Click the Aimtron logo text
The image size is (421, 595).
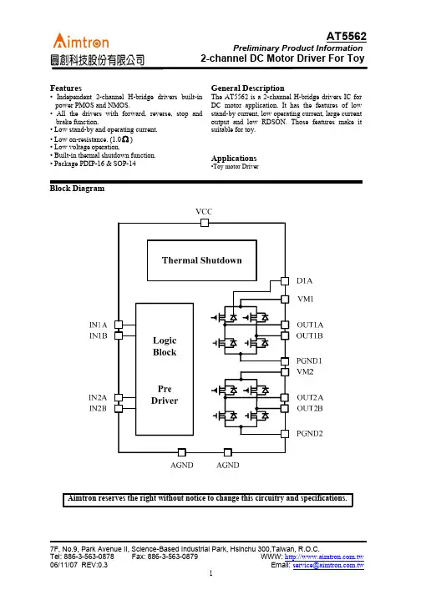[81, 41]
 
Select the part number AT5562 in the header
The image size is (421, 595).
[346, 37]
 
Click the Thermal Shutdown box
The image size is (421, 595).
[202, 260]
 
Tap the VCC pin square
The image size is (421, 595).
[205, 223]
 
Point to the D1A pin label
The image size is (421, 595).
[304, 280]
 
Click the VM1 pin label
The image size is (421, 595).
[306, 299]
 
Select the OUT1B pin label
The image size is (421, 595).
[310, 335]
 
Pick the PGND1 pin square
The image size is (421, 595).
[285, 361]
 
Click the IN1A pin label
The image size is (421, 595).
[98, 325]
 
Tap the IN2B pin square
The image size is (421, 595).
[119, 408]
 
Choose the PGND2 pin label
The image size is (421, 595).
[310, 433]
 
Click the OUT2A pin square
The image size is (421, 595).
[285, 397]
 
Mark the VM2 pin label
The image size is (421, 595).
[306, 371]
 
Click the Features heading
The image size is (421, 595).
[66, 88]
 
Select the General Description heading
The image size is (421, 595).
[248, 88]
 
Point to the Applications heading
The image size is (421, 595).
[234, 159]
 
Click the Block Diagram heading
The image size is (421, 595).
[77, 189]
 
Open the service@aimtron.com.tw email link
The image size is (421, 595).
[328, 565]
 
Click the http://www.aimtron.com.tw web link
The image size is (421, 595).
[324, 557]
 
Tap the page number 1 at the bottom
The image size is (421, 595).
[210, 573]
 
